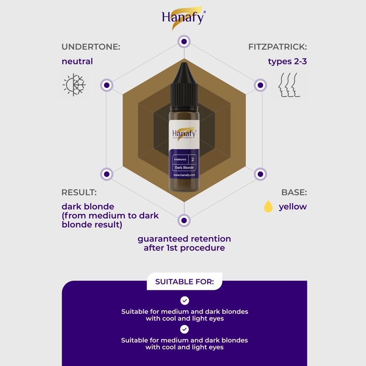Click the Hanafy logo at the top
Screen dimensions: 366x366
184,18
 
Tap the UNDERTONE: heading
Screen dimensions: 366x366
91,47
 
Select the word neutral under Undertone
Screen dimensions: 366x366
77,61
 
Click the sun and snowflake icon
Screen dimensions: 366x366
74,85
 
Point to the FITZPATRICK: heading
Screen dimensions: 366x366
278,47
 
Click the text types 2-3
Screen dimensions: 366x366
287,61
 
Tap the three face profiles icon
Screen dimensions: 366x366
289,85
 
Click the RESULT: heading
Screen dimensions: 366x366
79,192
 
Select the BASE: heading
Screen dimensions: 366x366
294,192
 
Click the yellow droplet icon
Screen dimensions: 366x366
268,206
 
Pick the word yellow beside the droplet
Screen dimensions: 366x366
293,207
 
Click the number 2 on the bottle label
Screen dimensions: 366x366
193,159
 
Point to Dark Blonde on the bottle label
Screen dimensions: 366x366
184,167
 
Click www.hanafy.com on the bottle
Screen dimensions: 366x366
184,175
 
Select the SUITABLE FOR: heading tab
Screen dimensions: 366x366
184,281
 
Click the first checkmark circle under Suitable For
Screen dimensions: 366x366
185,301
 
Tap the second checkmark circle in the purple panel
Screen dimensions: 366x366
184,329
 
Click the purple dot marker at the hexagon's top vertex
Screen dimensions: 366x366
184,42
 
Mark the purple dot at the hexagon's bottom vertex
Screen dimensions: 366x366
184,221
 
